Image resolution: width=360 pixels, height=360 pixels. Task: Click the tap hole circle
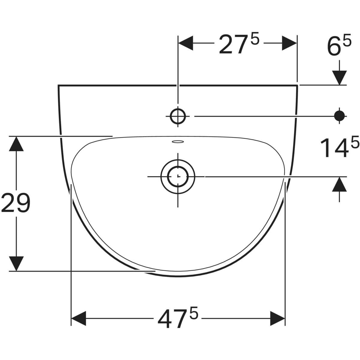[178, 116]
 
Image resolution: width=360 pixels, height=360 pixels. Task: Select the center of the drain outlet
[178, 176]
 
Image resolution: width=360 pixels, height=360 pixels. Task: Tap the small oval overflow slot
[178, 142]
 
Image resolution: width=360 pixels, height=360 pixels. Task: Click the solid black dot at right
[339, 116]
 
